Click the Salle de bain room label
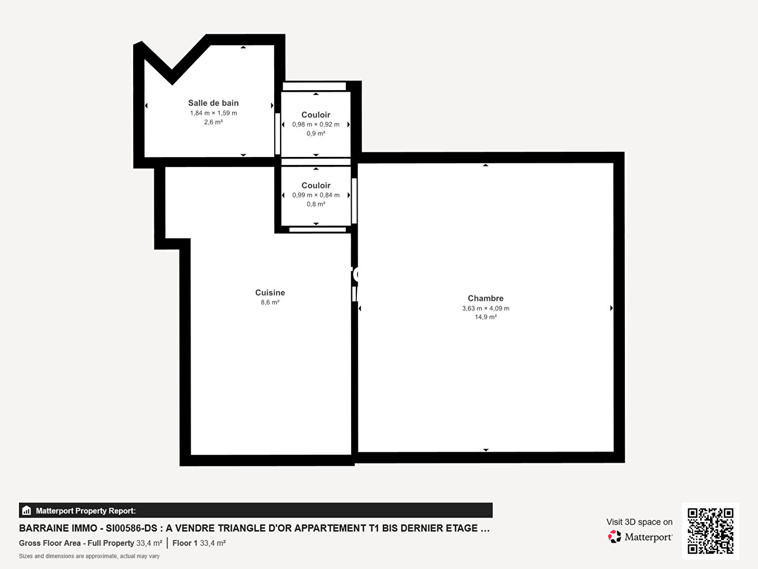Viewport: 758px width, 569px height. pyautogui.click(x=213, y=103)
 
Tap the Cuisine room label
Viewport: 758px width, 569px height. pyautogui.click(x=270, y=292)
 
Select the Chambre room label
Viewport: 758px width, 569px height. pyautogui.click(x=485, y=298)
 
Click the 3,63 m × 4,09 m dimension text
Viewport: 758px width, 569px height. pyautogui.click(x=485, y=308)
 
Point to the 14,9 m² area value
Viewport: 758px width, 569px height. pyautogui.click(x=485, y=317)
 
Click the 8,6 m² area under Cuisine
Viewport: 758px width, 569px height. pyautogui.click(x=270, y=302)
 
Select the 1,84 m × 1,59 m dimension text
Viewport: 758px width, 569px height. pyautogui.click(x=213, y=113)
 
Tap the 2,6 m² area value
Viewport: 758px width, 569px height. pyautogui.click(x=213, y=122)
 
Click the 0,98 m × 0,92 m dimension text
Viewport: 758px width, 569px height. pyautogui.click(x=316, y=124)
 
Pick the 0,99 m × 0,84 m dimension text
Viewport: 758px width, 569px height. pyautogui.click(x=316, y=195)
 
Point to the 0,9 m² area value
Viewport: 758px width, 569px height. pyautogui.click(x=316, y=133)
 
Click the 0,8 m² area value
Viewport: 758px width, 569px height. pyautogui.click(x=316, y=204)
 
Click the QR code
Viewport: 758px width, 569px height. pyautogui.click(x=710, y=531)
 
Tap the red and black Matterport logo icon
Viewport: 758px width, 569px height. pyautogui.click(x=614, y=536)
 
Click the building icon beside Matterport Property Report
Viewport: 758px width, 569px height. pyautogui.click(x=27, y=511)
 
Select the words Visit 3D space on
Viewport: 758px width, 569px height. pyautogui.click(x=639, y=522)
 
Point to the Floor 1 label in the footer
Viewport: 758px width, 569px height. pyautogui.click(x=185, y=543)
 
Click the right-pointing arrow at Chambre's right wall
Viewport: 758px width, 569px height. pyautogui.click(x=611, y=308)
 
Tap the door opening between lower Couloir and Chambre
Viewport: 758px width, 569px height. pyautogui.click(x=354, y=201)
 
